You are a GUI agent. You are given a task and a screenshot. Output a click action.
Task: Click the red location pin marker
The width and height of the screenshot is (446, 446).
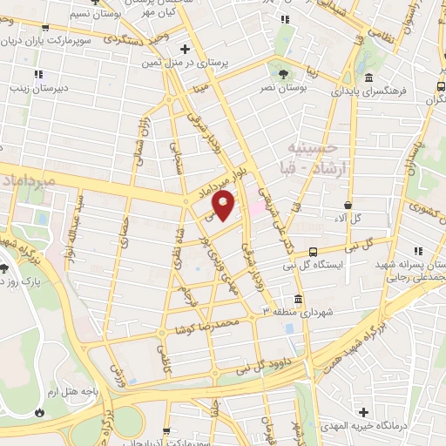pos(225,206)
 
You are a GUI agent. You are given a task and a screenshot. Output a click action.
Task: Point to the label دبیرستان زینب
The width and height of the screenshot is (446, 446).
pos(32,88)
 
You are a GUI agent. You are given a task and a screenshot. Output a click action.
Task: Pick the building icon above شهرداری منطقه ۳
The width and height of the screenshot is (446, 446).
pos(299,299)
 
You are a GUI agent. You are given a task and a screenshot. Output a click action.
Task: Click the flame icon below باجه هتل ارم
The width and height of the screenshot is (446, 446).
pos(41,410)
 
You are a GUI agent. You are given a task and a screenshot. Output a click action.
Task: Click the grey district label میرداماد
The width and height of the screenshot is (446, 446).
pos(26,179)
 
